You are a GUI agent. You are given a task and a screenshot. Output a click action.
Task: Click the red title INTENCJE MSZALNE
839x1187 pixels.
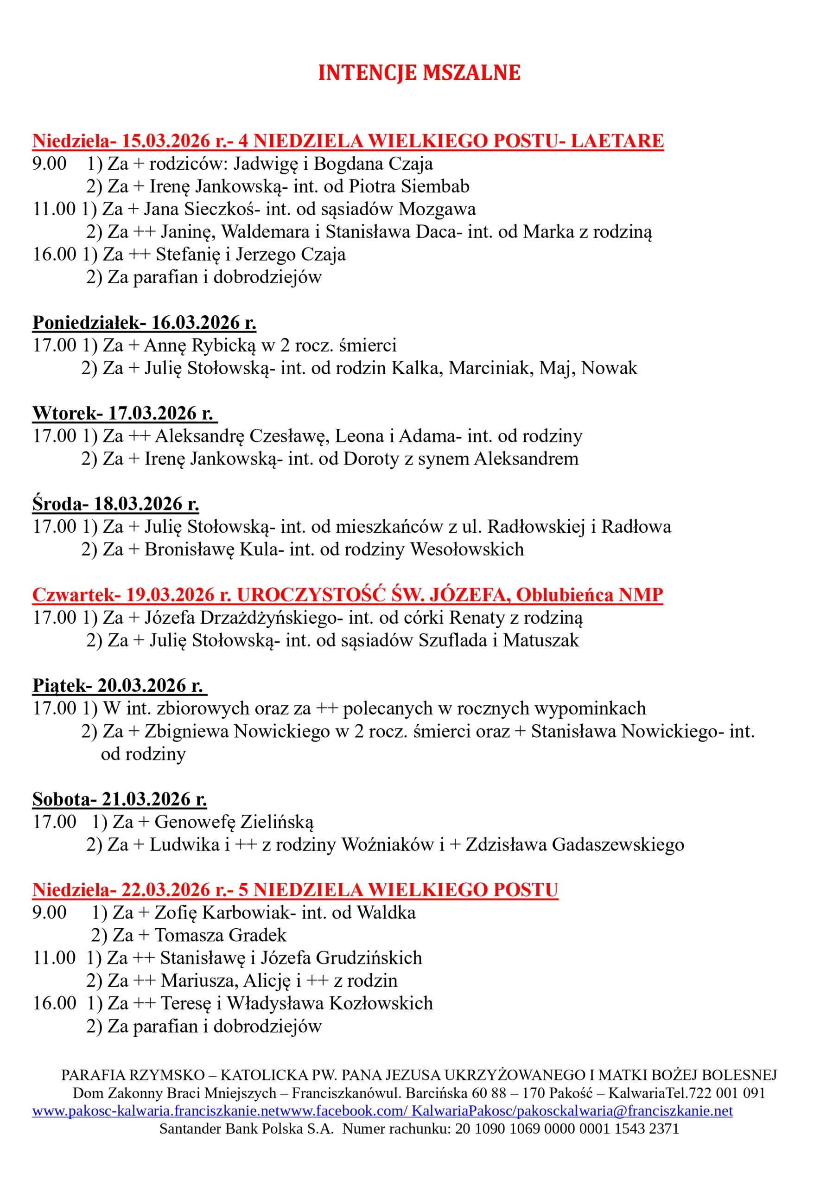click(x=419, y=73)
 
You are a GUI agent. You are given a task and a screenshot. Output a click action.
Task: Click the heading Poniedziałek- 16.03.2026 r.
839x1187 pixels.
click(x=144, y=323)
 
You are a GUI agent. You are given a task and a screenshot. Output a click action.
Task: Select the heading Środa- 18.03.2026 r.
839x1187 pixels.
click(x=116, y=504)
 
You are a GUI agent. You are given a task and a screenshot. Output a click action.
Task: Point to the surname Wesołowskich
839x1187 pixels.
click(x=467, y=549)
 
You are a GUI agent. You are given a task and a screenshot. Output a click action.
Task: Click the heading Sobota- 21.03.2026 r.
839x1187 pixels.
click(x=120, y=799)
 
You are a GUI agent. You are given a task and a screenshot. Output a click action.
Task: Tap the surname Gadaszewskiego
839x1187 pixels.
click(x=618, y=845)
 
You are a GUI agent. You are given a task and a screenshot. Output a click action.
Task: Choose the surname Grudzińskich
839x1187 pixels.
click(x=369, y=958)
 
